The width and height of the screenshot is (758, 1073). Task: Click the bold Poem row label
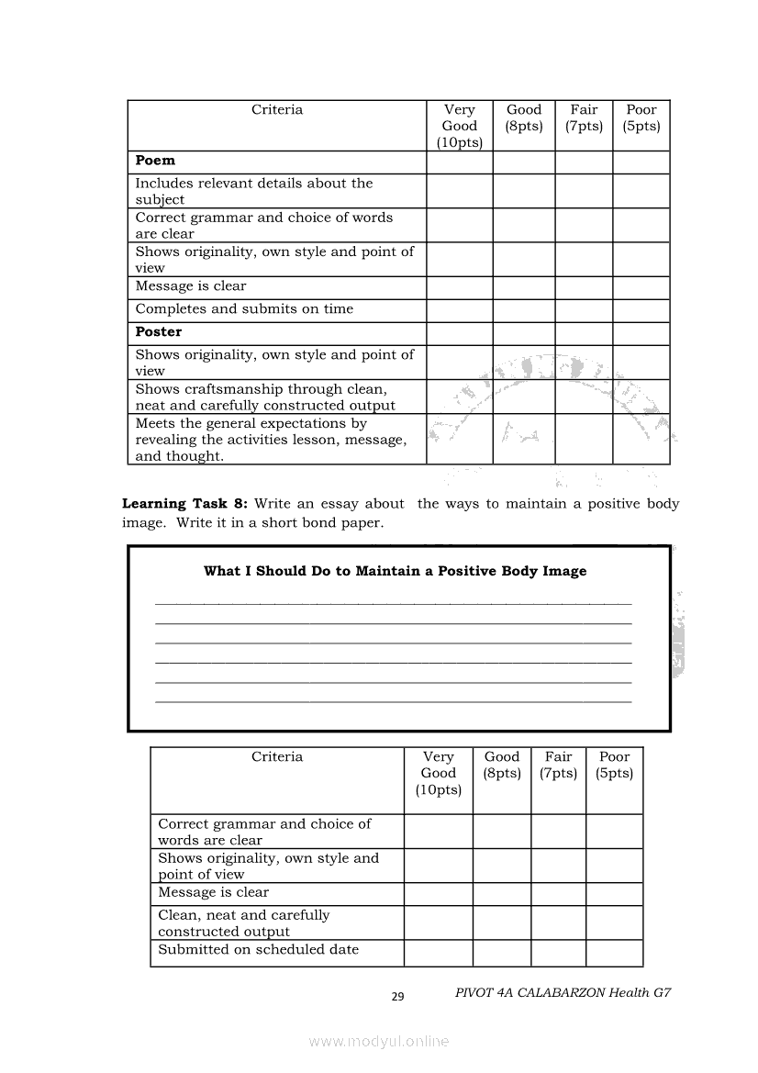pos(155,161)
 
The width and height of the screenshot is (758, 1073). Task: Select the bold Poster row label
pos(159,332)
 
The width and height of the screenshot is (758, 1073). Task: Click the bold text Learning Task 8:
pos(185,504)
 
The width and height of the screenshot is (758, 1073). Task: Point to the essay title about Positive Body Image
pos(395,571)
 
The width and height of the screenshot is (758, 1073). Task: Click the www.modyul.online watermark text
pos(379,1041)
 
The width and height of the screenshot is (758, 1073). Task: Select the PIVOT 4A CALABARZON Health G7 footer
pos(563,993)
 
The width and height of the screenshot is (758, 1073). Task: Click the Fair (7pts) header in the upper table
pos(584,118)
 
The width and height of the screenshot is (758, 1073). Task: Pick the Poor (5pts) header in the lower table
pos(614,766)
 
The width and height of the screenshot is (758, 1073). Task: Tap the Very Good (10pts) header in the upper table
pos(460,126)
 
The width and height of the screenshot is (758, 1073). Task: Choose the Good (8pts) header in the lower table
pos(502,766)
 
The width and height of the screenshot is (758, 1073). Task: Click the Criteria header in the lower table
pos(277,757)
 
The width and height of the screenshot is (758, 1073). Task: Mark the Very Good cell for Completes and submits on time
pos(460,310)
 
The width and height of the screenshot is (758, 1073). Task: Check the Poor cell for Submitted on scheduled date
pos(614,952)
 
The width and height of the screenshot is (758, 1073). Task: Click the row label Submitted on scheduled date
pos(258,950)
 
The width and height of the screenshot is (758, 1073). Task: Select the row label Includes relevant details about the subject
pos(254,191)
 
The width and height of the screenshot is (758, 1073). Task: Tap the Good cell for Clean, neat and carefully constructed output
pos(502,922)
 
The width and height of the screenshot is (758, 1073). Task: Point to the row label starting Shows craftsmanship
pos(265,397)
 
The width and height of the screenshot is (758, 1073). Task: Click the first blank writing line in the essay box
pos(394,602)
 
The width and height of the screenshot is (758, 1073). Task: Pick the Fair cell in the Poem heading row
pos(584,162)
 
